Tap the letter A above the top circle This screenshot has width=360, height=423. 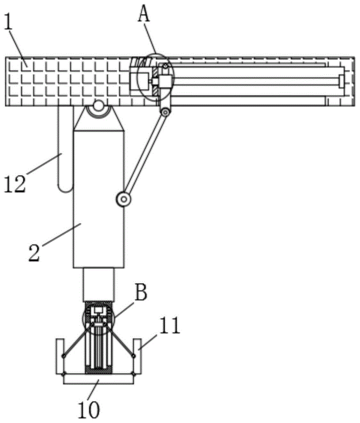click(144, 14)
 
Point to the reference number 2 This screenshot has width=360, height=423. click(34, 253)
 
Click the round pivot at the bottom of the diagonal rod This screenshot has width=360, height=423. click(124, 200)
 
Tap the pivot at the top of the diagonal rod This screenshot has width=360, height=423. click(165, 112)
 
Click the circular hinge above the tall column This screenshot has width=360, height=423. click(99, 106)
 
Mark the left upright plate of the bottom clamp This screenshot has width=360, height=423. click(60, 356)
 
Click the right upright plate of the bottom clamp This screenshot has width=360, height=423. click(137, 356)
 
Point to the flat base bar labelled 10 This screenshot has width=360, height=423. click(99, 379)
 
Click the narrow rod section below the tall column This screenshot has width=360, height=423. click(99, 285)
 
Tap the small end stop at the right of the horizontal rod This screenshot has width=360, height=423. click(341, 81)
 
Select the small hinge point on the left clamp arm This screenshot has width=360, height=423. click(64, 356)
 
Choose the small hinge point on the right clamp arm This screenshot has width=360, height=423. click(134, 356)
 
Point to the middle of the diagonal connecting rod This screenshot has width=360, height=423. click(145, 156)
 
